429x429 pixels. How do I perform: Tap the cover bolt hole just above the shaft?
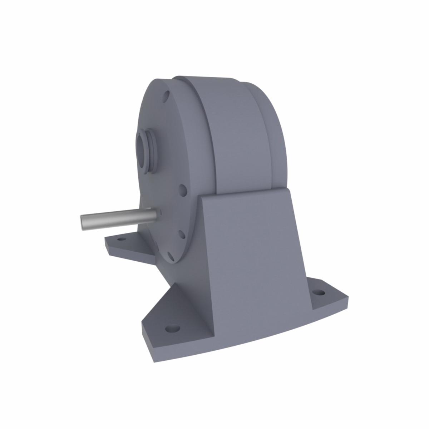coord(183,190)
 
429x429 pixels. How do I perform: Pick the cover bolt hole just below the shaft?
coord(181,235)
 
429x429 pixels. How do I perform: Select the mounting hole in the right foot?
coord(319,292)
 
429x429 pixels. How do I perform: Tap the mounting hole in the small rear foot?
coord(121,239)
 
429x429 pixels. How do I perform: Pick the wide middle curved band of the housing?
coord(232,136)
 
